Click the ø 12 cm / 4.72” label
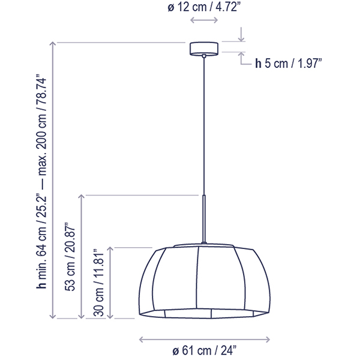(204, 7)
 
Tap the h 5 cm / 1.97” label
(289, 63)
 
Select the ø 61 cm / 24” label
(204, 350)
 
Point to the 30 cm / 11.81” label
(99, 283)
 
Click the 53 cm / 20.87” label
(70, 257)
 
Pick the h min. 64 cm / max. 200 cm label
(41, 181)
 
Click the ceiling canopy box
(204, 49)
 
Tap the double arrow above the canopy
(204, 20)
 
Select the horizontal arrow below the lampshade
(205, 340)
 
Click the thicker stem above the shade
(204, 219)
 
